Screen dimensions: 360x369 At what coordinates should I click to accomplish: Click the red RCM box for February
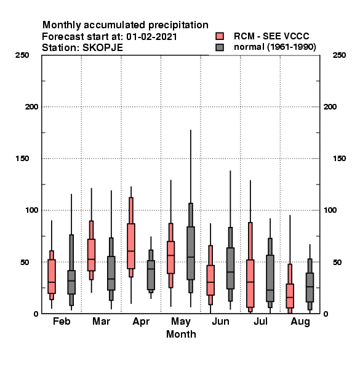[x=52, y=276]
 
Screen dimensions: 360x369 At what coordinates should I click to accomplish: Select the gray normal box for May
[x=191, y=253]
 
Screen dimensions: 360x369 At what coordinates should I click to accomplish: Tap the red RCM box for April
[x=131, y=246]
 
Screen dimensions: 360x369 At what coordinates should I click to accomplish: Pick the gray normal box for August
[x=310, y=287]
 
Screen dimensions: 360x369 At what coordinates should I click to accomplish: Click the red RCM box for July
[x=250, y=284]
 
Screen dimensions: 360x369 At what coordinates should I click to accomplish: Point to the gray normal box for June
[x=231, y=268]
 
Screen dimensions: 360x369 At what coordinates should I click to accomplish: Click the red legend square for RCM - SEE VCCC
[x=220, y=36]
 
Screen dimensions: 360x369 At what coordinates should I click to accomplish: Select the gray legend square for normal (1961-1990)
[x=220, y=47]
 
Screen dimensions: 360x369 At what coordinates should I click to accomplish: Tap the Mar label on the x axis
[x=102, y=321]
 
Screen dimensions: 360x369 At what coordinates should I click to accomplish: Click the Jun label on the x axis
[x=220, y=321]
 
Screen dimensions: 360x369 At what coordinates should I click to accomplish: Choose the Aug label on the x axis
[x=300, y=322]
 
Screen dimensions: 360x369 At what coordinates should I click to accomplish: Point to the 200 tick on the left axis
[x=31, y=107]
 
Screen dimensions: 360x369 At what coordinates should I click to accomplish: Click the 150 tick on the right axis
[x=339, y=159]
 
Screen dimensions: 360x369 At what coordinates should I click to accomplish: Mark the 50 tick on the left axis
[x=25, y=262]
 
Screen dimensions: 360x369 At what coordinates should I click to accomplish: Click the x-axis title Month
[x=181, y=334]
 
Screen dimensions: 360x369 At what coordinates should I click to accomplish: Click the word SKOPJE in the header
[x=103, y=48]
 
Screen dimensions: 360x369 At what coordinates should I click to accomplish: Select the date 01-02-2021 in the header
[x=151, y=37]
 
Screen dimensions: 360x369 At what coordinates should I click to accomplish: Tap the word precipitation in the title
[x=178, y=25]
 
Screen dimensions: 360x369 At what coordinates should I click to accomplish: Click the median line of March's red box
[x=91, y=259]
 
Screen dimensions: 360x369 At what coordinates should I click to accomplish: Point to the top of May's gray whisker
[x=191, y=130]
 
